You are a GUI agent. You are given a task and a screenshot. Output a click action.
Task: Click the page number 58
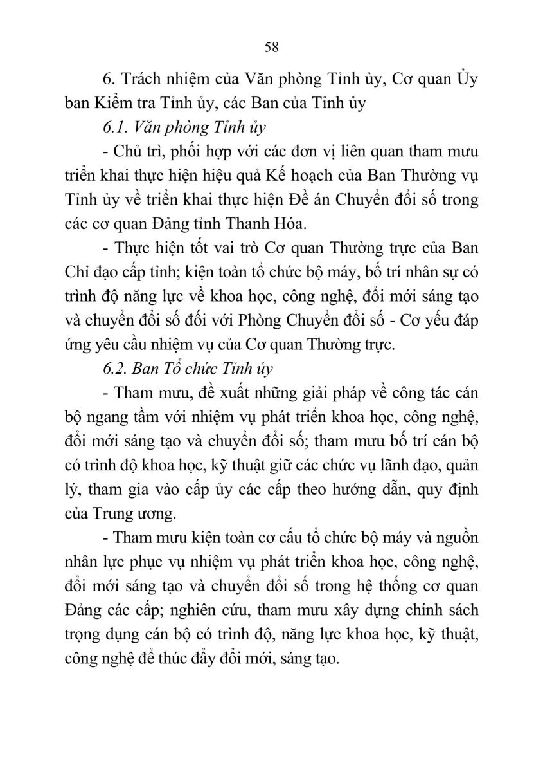click(x=271, y=47)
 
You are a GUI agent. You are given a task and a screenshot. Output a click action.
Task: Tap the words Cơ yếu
click(x=409, y=320)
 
